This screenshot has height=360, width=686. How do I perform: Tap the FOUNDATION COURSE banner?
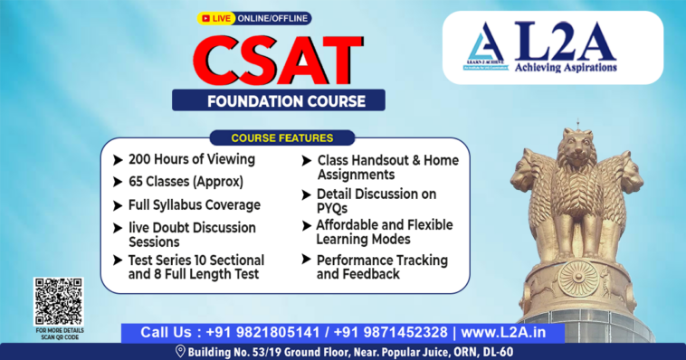coord(279,99)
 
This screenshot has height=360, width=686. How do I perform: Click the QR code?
coord(58,301)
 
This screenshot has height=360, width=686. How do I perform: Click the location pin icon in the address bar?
coord(179,351)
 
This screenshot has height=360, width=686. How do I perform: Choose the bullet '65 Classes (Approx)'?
coord(186,181)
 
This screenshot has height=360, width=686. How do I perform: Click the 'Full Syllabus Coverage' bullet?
coord(194,204)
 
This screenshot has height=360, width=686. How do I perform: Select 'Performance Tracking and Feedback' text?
coord(368,266)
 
